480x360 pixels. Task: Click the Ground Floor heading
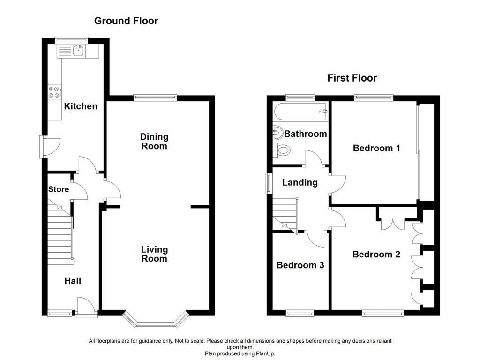pyautogui.click(x=126, y=21)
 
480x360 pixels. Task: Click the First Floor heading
pyautogui.click(x=352, y=78)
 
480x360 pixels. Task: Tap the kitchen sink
pyautogui.click(x=79, y=51)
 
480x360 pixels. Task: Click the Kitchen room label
pyautogui.click(x=81, y=106)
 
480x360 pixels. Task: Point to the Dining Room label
pyautogui.click(x=154, y=141)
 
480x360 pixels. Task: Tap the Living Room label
pyautogui.click(x=154, y=254)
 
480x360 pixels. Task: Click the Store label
pyautogui.click(x=59, y=189)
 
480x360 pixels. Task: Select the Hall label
pyautogui.click(x=73, y=281)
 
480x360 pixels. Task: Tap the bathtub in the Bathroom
pyautogui.click(x=300, y=112)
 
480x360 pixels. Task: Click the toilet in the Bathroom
pyautogui.click(x=282, y=150)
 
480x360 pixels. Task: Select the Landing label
pyautogui.click(x=300, y=182)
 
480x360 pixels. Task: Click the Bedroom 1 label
pyautogui.click(x=376, y=148)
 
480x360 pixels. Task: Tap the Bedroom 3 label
pyautogui.click(x=300, y=265)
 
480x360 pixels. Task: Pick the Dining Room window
pyautogui.click(x=155, y=97)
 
